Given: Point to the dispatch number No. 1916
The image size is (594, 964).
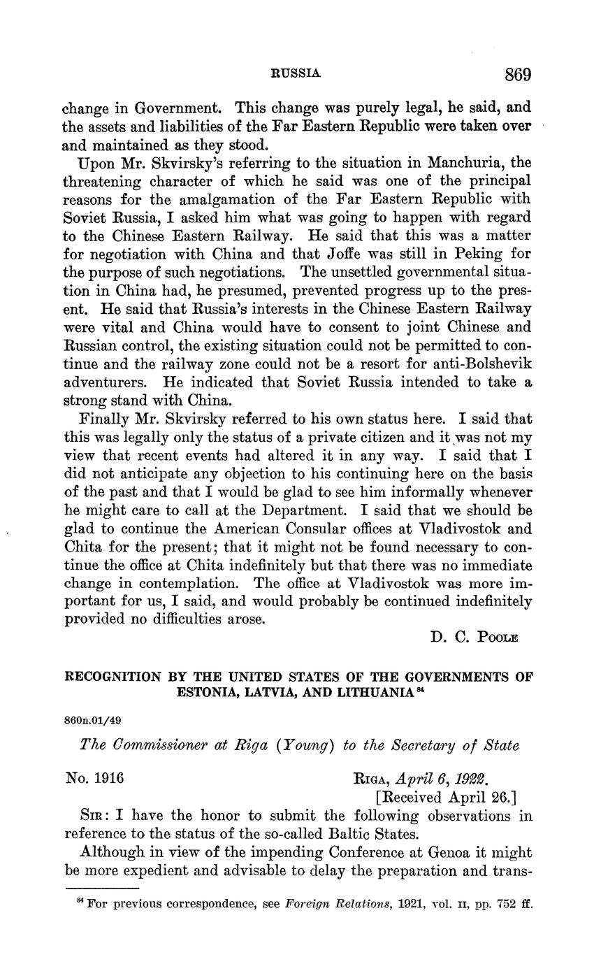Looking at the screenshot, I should pos(94,777).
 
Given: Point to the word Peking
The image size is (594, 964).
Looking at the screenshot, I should pos(484,254).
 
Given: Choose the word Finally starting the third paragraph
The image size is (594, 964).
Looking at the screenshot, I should pos(105,419).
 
